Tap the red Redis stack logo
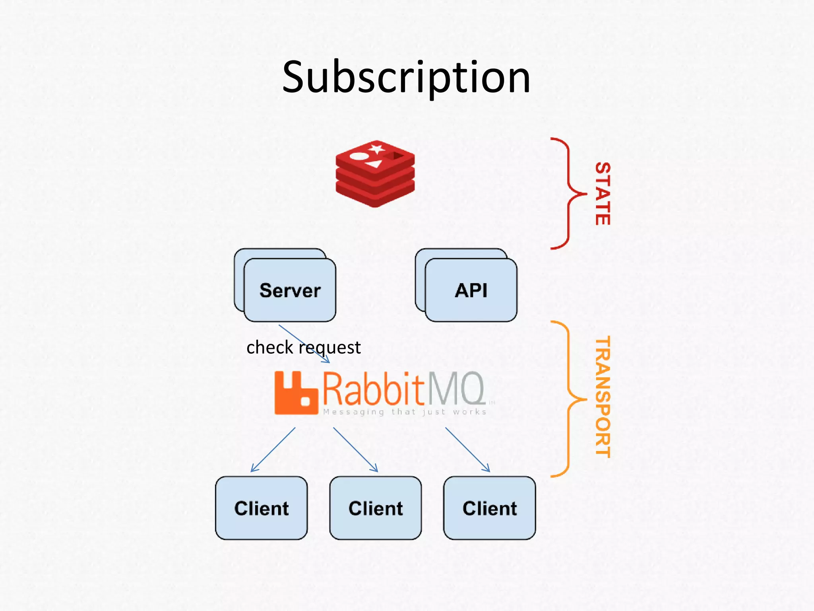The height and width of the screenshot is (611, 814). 375,173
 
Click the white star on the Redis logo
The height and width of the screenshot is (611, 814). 376,149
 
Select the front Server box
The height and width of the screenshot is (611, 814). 290,290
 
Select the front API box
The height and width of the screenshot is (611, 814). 471,290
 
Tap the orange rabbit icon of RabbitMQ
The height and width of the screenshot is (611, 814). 296,393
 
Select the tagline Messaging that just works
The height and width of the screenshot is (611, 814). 405,412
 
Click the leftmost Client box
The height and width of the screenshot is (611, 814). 261,508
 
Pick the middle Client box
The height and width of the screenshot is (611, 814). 375,508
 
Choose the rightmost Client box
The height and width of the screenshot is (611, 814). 489,508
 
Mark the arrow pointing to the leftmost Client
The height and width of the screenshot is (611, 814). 273,449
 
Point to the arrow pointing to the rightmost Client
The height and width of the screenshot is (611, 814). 467,449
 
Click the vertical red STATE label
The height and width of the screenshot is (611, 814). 603,194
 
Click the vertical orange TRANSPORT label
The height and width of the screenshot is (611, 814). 603,397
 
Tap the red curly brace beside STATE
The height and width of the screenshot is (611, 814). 568,194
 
